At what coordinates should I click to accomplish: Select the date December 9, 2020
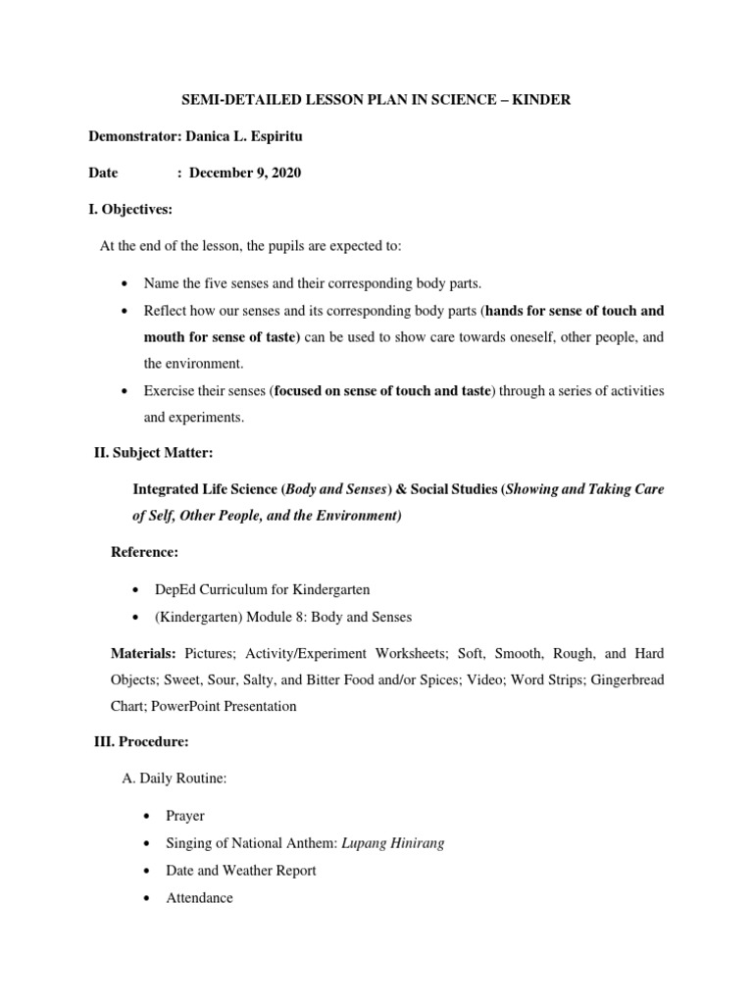(x=245, y=173)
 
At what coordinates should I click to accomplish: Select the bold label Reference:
(x=144, y=553)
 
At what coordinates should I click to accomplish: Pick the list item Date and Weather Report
(x=229, y=871)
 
